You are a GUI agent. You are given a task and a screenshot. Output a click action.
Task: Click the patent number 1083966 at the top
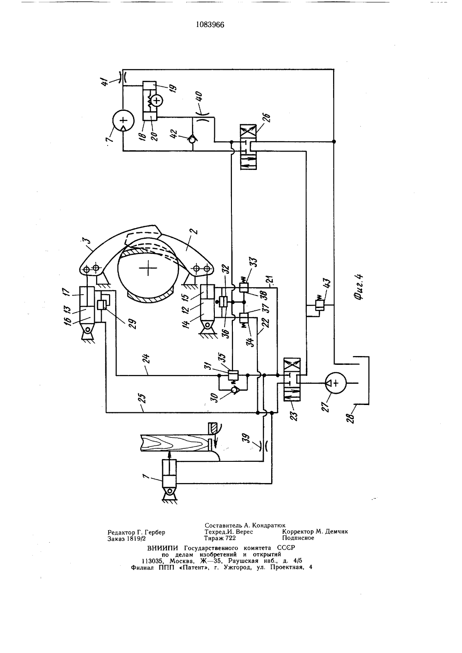(210, 25)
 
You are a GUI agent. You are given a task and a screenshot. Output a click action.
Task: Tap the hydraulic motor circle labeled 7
(123, 120)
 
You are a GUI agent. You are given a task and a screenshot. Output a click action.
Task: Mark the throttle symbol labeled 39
(264, 446)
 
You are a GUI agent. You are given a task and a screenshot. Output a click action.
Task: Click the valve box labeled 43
(319, 306)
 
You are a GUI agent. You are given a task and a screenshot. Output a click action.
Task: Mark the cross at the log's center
(148, 268)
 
